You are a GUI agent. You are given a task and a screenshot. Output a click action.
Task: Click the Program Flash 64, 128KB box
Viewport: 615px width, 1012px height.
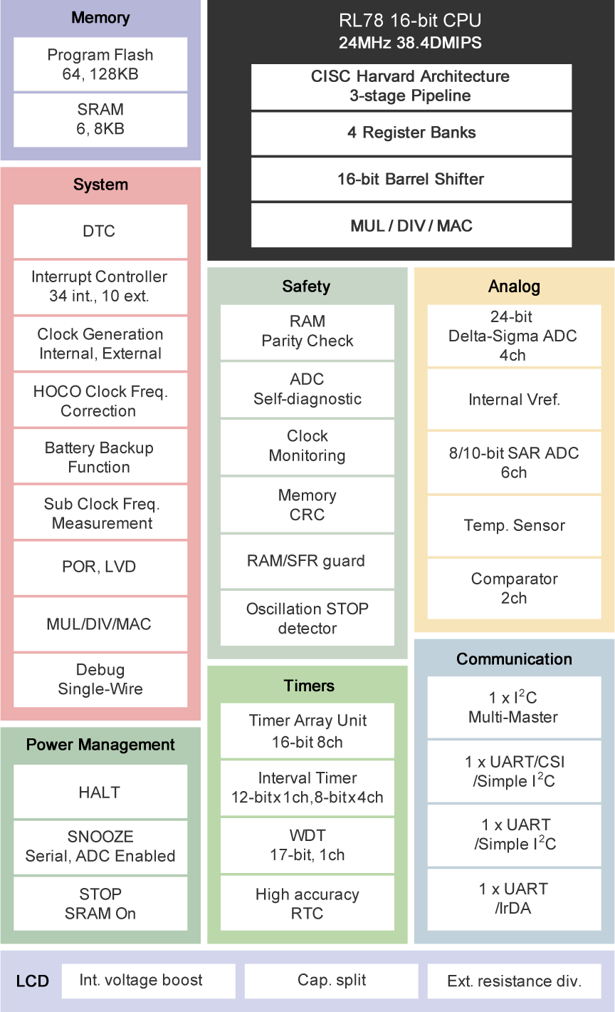click(x=100, y=64)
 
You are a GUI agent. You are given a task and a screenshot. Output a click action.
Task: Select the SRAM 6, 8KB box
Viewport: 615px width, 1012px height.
click(x=100, y=119)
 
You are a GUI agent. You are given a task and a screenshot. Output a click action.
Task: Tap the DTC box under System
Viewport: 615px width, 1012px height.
click(x=100, y=231)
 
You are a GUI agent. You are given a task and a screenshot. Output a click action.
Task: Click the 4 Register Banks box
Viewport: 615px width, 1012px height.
click(x=411, y=133)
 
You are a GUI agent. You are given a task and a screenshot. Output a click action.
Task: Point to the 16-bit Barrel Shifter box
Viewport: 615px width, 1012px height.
click(x=411, y=179)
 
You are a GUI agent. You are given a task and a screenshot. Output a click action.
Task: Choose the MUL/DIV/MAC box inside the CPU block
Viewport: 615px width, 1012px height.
click(x=411, y=226)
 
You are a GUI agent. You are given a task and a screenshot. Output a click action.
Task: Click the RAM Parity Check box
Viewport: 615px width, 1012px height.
click(x=307, y=331)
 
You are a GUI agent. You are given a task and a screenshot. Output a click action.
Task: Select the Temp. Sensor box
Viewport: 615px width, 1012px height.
click(x=514, y=525)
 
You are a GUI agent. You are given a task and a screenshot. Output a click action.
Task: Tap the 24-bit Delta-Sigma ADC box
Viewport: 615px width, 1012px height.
click(x=514, y=336)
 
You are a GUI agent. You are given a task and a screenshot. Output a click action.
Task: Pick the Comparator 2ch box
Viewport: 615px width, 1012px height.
click(x=514, y=588)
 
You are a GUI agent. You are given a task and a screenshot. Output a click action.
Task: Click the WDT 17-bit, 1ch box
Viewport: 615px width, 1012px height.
click(x=307, y=845)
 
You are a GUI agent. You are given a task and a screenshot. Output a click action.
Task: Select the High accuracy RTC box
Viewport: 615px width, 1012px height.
click(x=307, y=904)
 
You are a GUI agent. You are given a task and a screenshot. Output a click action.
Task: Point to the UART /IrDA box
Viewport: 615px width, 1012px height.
click(x=514, y=898)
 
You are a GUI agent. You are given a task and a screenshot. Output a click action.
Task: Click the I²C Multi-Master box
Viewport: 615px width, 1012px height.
click(x=514, y=707)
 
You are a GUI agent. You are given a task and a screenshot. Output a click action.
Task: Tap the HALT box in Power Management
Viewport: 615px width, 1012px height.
click(x=100, y=792)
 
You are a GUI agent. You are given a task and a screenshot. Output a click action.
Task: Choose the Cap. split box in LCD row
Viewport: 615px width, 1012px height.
click(x=332, y=981)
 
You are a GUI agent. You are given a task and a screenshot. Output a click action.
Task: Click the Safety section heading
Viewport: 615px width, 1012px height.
click(x=306, y=286)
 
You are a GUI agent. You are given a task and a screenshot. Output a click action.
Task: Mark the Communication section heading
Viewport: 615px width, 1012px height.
click(x=514, y=659)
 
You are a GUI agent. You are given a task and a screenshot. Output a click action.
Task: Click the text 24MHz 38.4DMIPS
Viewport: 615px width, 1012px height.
click(x=410, y=43)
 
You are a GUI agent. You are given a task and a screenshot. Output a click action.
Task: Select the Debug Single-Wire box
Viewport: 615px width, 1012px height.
click(x=100, y=679)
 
